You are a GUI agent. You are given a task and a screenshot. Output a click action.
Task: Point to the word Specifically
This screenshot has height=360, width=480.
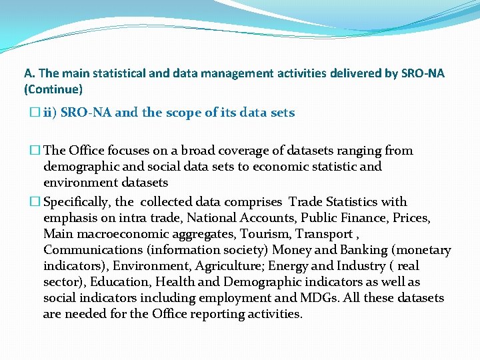(x=79, y=201)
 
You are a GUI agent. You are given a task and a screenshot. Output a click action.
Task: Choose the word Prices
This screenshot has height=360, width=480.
(x=413, y=217)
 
